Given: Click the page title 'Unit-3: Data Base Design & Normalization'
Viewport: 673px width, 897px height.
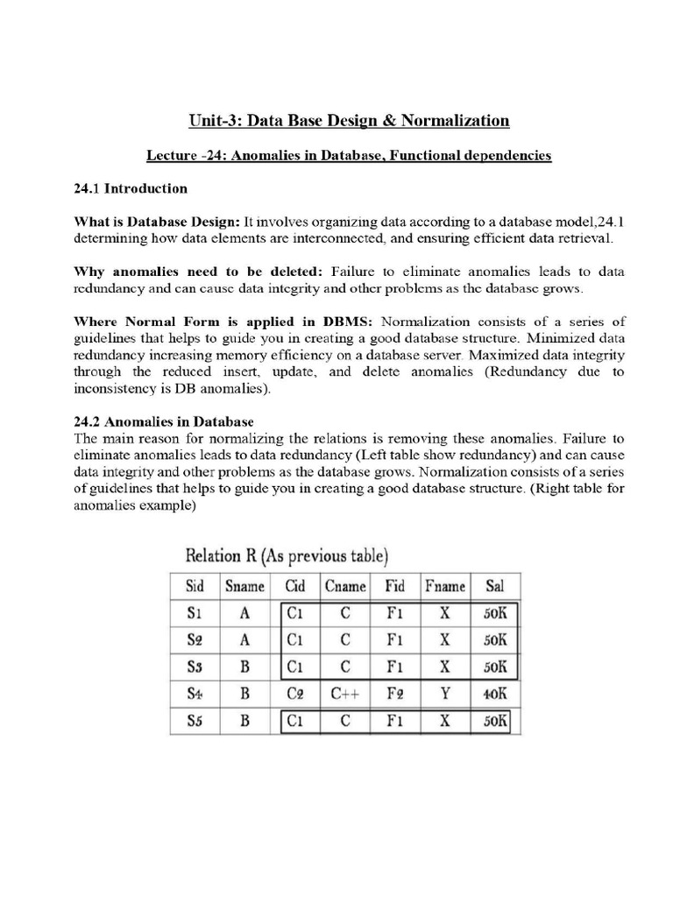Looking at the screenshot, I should [x=349, y=120].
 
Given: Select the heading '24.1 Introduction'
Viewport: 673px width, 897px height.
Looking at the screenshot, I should [x=130, y=188].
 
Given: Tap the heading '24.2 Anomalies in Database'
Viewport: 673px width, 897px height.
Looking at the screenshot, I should [x=164, y=421].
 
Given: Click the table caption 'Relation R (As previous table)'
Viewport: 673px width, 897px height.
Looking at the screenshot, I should [x=287, y=555].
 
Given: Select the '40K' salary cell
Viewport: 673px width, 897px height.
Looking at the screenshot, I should [x=495, y=695].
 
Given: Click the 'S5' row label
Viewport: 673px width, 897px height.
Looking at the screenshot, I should [x=195, y=722].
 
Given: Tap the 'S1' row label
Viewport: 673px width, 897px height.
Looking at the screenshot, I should [x=195, y=614].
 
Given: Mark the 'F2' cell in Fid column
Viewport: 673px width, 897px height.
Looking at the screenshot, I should [x=395, y=695].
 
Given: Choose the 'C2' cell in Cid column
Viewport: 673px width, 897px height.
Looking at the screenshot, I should [x=295, y=695].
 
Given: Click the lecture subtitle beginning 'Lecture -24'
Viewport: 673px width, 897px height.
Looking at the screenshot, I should [x=348, y=155].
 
